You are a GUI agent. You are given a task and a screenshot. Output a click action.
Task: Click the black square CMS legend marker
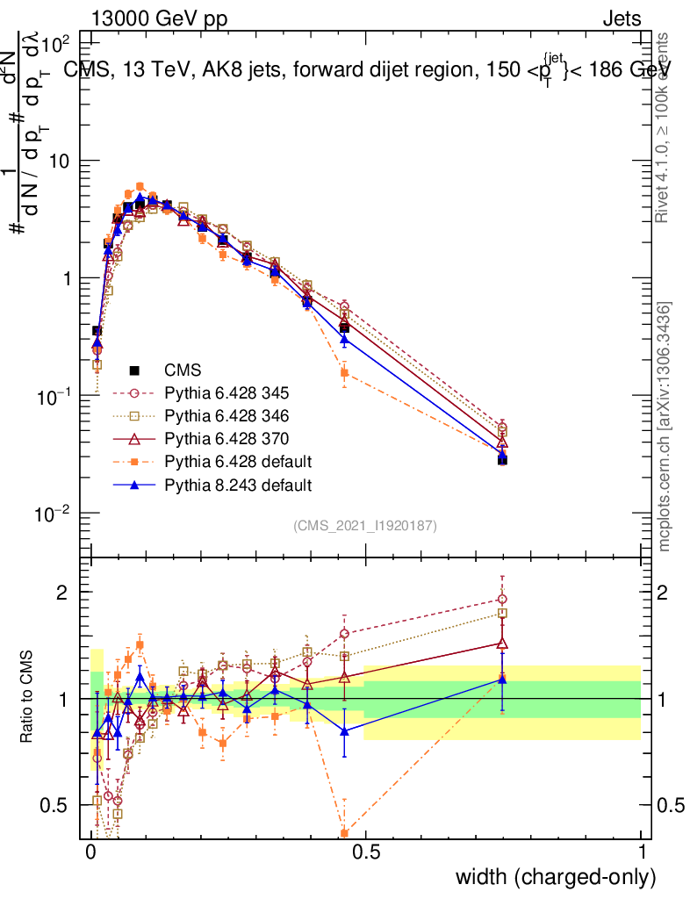click(135, 370)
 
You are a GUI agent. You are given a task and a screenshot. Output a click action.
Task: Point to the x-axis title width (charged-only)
click(556, 876)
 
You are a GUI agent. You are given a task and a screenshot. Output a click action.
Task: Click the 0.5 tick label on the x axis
click(366, 851)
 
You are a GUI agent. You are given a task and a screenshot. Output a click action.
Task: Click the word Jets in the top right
click(621, 19)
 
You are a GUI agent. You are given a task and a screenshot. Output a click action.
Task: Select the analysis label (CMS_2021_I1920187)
click(365, 525)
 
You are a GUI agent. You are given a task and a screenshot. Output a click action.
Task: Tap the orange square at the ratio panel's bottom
click(344, 833)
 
